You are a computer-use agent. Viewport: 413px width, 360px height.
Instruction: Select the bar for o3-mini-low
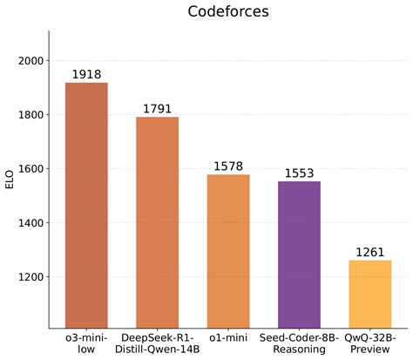click(x=86, y=205)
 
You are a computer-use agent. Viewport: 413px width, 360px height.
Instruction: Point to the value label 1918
click(x=86, y=75)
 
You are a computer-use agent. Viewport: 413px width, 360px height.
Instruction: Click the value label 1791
click(x=157, y=109)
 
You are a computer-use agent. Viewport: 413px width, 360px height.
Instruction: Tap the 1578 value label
click(x=228, y=166)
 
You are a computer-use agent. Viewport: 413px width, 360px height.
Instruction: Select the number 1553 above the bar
click(x=299, y=173)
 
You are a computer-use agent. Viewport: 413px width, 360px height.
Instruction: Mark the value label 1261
click(x=369, y=252)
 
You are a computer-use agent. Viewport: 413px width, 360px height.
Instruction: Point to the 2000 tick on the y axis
click(x=29, y=61)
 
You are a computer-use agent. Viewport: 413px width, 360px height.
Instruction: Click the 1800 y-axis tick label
click(x=29, y=115)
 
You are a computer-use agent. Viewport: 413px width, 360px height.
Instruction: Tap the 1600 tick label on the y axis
click(x=29, y=169)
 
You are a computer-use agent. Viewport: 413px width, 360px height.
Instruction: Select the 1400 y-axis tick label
click(x=29, y=223)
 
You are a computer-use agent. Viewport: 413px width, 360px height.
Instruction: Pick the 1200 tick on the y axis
click(x=29, y=277)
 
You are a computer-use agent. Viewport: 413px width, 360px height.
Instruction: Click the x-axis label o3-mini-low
click(x=86, y=343)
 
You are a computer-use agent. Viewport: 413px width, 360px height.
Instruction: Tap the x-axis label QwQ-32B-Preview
click(x=369, y=343)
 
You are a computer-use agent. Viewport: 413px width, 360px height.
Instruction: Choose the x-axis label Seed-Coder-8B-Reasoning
click(x=299, y=343)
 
